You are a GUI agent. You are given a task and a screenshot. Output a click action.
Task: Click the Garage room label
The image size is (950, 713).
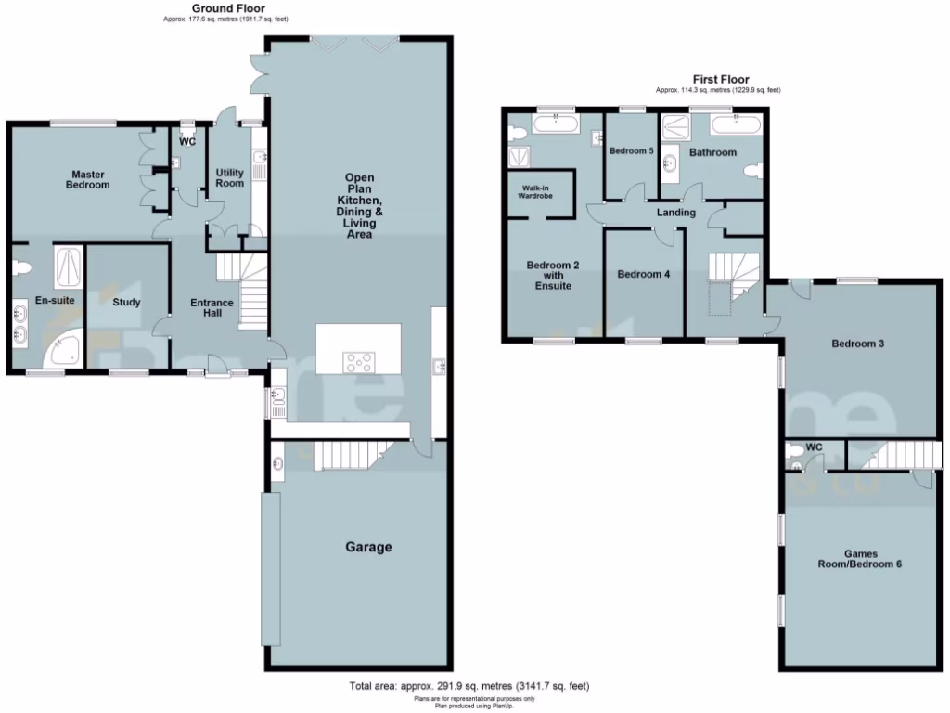[x=368, y=547]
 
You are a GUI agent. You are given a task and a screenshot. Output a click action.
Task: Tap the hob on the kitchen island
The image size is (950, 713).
[x=358, y=360]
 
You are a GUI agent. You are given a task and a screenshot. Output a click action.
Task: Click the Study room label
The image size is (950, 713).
[x=125, y=302]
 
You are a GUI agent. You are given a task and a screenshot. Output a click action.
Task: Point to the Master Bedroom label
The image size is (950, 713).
[x=87, y=179]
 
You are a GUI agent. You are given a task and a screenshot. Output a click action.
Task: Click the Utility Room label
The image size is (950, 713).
[x=230, y=177]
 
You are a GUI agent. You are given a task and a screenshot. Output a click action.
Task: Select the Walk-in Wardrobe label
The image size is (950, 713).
[x=539, y=194]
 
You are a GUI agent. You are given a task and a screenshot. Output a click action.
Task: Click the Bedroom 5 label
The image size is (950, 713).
[x=631, y=150]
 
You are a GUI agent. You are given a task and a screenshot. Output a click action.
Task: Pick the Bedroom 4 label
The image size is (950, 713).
[x=643, y=274]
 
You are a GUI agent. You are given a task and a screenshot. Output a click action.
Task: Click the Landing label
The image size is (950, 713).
[x=675, y=213]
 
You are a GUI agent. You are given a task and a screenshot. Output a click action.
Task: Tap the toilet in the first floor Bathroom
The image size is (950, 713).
[x=753, y=172]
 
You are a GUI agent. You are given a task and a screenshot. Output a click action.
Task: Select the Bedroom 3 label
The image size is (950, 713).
[x=856, y=344]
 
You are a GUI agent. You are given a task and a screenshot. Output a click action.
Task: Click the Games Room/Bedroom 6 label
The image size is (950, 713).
[x=859, y=559]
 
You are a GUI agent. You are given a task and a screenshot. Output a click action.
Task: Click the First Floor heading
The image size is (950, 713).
[x=721, y=80]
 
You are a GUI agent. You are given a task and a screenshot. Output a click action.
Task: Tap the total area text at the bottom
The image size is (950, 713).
[x=469, y=686]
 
